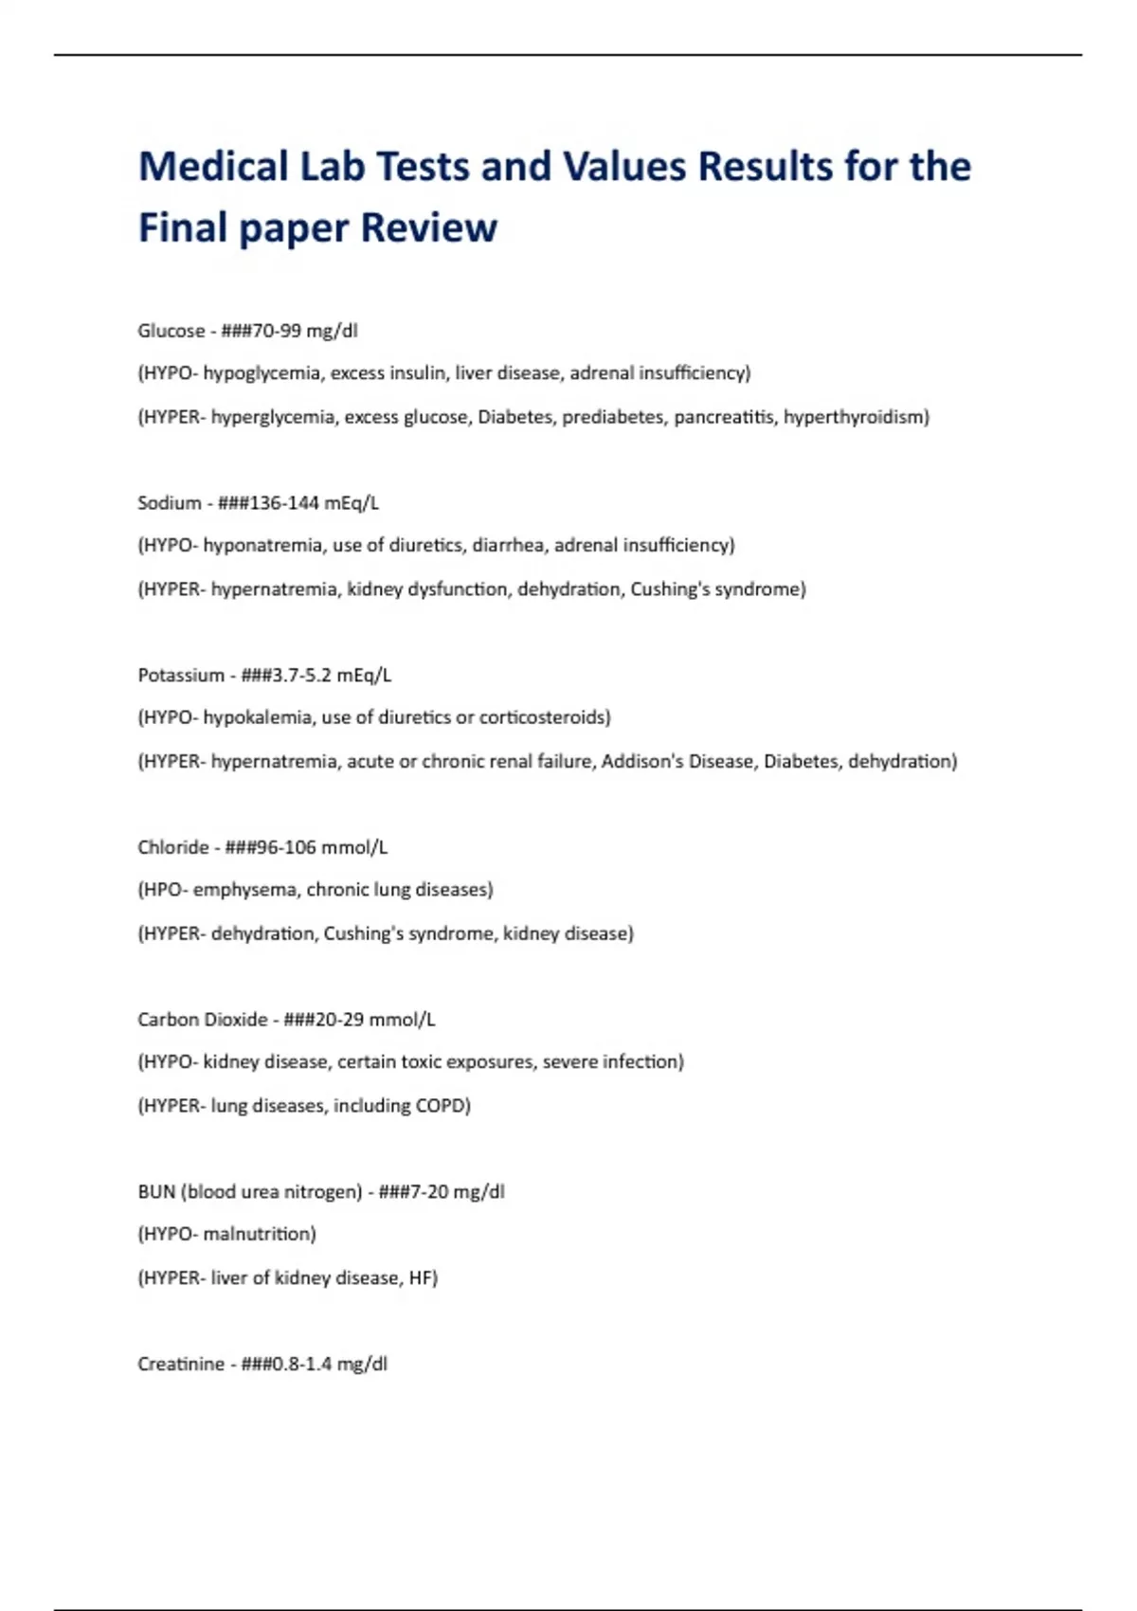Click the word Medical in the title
213,167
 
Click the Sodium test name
169,503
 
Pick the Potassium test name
181,676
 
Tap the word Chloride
173,847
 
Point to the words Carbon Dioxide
203,1020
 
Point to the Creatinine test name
181,1365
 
